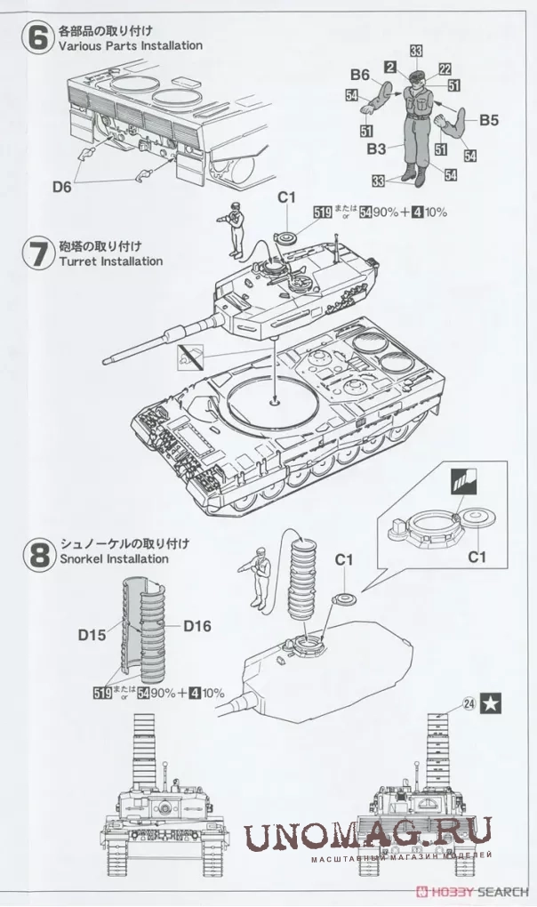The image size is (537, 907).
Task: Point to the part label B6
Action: pyautogui.click(x=360, y=75)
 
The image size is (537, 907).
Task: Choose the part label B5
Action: pyautogui.click(x=490, y=118)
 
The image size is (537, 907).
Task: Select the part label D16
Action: pyautogui.click(x=198, y=625)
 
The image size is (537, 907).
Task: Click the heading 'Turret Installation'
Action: pyautogui.click(x=110, y=261)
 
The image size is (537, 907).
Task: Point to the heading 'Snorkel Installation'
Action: pyautogui.click(x=113, y=559)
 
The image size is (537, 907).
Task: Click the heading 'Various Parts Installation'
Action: pyautogui.click(x=130, y=45)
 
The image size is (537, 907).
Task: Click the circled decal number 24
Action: pyautogui.click(x=468, y=702)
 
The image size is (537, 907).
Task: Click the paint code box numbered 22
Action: pyautogui.click(x=445, y=68)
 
